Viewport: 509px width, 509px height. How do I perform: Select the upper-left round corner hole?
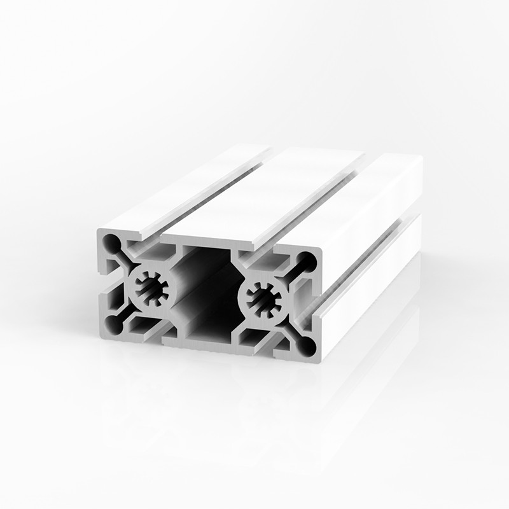click(112, 242)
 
